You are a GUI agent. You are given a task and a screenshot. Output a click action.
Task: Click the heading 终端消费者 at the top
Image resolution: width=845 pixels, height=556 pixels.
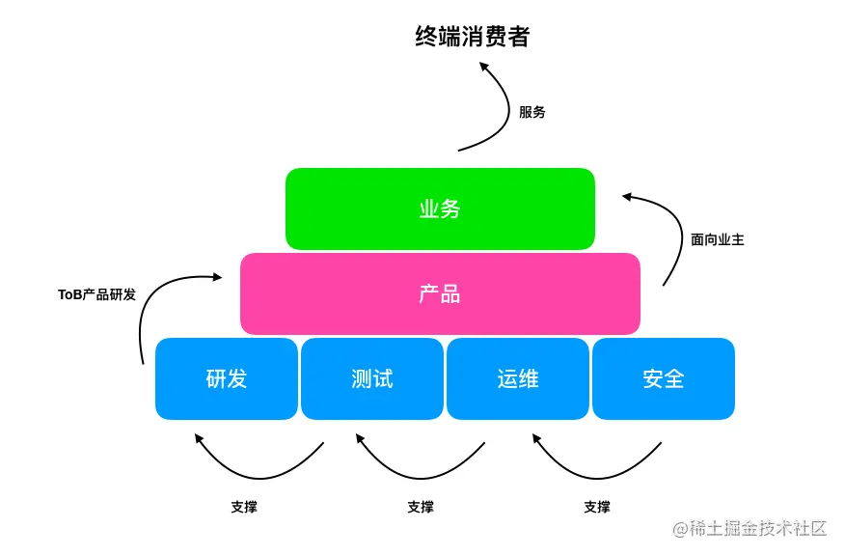pos(473,37)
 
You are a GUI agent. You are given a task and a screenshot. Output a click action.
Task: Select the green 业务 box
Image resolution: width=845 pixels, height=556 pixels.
pos(440,208)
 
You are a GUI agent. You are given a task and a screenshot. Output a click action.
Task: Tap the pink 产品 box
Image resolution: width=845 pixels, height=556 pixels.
pos(440,293)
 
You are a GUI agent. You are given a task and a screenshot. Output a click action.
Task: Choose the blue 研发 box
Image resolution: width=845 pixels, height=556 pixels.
pos(227,378)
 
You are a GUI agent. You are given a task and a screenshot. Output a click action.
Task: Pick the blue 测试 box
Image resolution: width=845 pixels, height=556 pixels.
pos(372,378)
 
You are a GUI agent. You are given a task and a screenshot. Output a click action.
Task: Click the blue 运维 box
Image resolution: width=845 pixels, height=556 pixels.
pos(518,378)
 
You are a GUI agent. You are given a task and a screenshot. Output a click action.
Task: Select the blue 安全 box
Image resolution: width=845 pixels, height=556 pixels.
pos(664,378)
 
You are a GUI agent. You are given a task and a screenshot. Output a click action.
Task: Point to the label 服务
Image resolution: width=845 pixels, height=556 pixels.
pos(532,112)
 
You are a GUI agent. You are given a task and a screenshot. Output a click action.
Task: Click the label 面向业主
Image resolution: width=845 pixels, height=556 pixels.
pos(718,239)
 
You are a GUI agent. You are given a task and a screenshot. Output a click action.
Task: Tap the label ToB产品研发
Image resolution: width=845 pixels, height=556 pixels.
pos(96,294)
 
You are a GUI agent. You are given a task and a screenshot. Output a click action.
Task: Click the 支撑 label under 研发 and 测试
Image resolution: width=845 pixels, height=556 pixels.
pos(244,507)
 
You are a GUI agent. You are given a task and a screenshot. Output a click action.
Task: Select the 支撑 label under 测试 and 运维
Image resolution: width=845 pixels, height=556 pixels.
pos(421,507)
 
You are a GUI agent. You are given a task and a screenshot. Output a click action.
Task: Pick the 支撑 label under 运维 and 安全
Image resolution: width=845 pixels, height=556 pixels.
pos(597,507)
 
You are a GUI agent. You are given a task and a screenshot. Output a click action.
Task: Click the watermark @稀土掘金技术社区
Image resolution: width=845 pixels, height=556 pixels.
pos(750,528)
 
